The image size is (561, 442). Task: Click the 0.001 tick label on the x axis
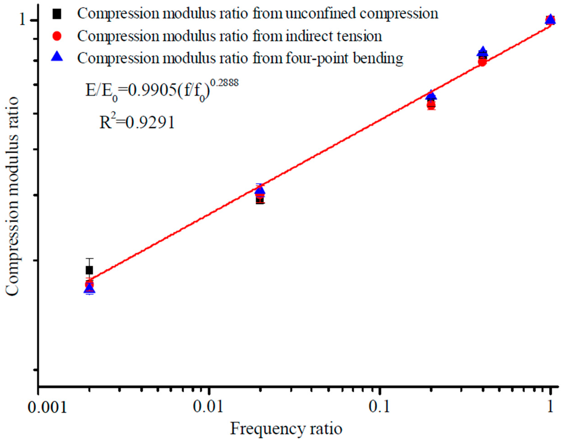47,408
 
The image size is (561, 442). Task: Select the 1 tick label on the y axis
22,20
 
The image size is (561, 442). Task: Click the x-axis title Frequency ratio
286,429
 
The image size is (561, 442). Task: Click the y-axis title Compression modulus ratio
12,197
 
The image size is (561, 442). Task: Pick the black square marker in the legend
57,14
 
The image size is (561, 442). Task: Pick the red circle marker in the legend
57,36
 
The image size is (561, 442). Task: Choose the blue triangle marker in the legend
57,57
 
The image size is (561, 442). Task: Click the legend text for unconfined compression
258,14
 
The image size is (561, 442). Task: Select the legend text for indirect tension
229,36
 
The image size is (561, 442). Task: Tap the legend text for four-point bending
240,58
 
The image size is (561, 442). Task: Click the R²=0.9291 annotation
137,122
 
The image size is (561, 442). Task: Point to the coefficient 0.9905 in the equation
151,91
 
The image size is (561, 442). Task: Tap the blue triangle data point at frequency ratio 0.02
260,190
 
